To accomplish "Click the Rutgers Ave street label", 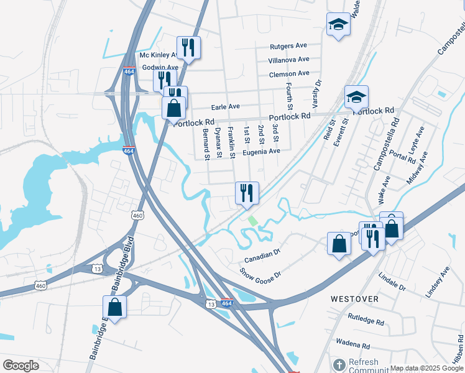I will pyautogui.click(x=288, y=46).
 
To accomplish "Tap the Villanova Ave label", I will pyautogui.click(x=288, y=60).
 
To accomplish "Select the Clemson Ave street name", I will pyautogui.click(x=289, y=73).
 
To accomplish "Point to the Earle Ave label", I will pyautogui.click(x=226, y=106).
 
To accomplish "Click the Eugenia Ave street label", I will pyautogui.click(x=262, y=151).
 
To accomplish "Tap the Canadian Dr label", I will pyautogui.click(x=263, y=255).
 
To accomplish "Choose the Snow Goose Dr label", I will pyautogui.click(x=261, y=272).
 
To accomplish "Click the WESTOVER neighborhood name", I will pyautogui.click(x=354, y=299).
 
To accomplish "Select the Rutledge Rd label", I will pyautogui.click(x=366, y=321).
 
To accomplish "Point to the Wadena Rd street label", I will pyautogui.click(x=352, y=343).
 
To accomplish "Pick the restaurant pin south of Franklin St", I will pyautogui.click(x=247, y=193).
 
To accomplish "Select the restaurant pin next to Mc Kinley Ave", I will pyautogui.click(x=188, y=47).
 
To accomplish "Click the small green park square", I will pyautogui.click(x=252, y=220).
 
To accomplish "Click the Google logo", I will pyautogui.click(x=21, y=366).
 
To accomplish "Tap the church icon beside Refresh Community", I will pyautogui.click(x=339, y=364).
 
